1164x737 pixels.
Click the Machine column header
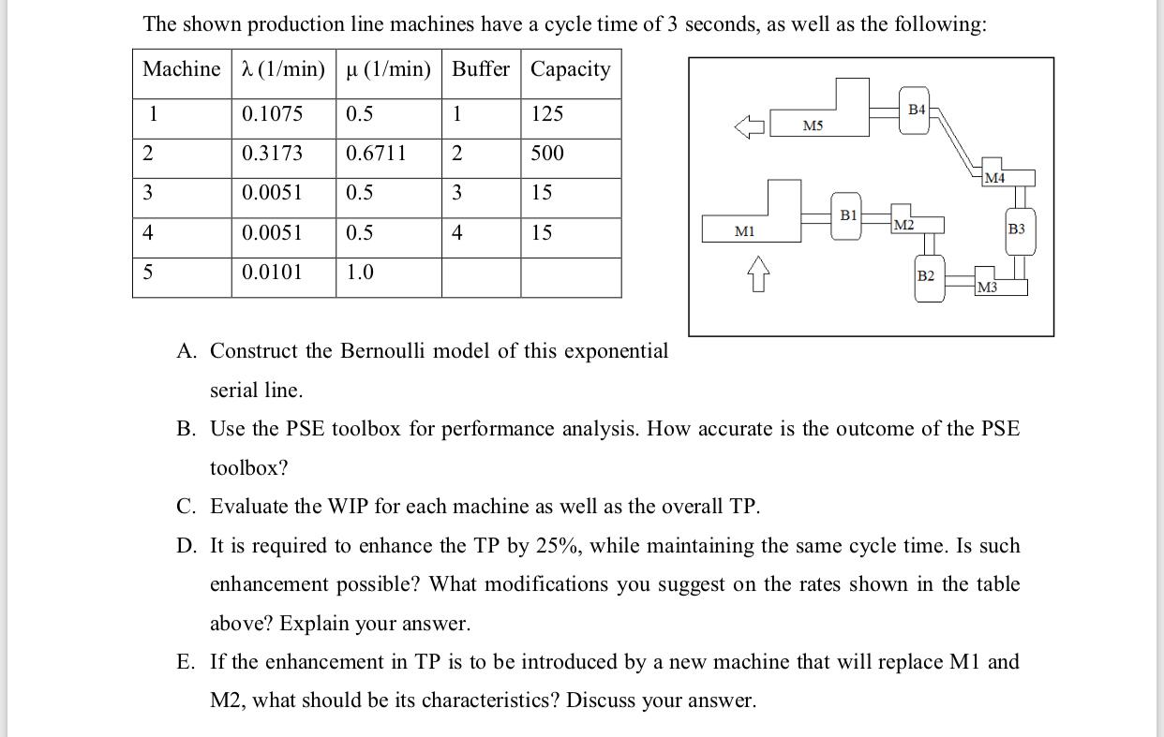click(182, 69)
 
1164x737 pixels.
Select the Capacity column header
click(570, 69)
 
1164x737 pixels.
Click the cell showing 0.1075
click(272, 114)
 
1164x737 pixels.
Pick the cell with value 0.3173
click(272, 154)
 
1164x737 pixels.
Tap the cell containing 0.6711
click(376, 154)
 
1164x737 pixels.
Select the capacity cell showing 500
click(547, 154)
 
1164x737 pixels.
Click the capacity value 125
click(547, 114)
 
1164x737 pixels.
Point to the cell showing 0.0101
click(272, 273)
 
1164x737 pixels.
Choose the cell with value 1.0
click(360, 273)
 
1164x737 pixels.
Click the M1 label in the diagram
click(745, 230)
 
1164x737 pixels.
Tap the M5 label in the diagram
click(813, 125)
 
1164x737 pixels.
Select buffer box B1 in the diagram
click(847, 219)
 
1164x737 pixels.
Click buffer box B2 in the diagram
click(926, 277)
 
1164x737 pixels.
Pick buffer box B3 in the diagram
click(1017, 229)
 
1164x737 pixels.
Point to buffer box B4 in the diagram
click(917, 111)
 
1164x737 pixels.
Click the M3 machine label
click(987, 287)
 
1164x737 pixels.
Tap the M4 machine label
click(994, 178)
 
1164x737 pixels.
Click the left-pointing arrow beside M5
click(751, 125)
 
